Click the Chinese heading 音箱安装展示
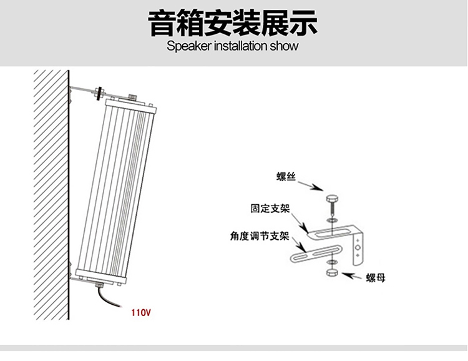(233, 23)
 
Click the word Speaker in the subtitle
(189, 46)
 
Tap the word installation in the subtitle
(241, 46)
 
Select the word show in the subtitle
(284, 46)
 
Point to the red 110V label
(141, 312)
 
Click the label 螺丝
(286, 177)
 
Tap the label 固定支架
(270, 208)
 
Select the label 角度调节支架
(260, 236)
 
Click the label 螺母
(376, 278)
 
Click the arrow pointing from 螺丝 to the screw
(310, 185)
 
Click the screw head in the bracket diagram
(331, 199)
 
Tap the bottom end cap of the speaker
(100, 276)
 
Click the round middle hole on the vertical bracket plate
(358, 247)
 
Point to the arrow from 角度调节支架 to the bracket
(299, 244)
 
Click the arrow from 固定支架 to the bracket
(300, 223)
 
